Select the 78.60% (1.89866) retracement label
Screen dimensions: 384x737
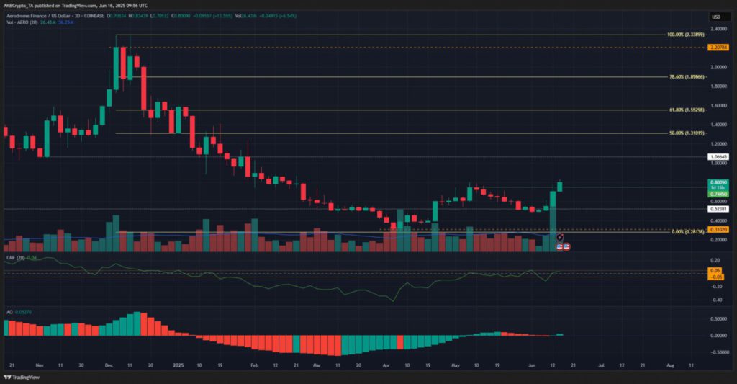685,76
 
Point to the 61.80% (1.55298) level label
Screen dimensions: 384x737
685,110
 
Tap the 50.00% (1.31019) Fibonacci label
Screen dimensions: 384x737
685,133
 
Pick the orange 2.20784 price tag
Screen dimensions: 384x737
718,48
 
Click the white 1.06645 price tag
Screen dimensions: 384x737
718,156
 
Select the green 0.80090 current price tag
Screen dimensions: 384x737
718,183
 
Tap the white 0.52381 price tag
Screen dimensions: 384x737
718,210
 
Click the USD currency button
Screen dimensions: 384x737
716,17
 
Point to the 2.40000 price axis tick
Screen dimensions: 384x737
718,29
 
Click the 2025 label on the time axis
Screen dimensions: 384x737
178,365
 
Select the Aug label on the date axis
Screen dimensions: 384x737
670,365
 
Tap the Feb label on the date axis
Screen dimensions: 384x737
253,365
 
